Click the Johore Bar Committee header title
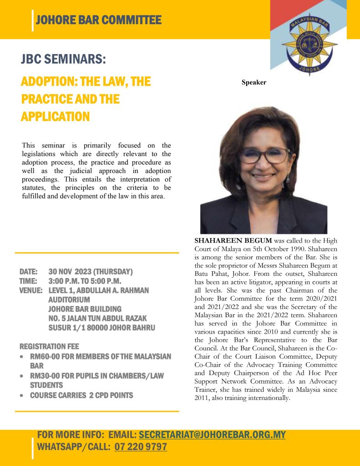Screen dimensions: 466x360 98,20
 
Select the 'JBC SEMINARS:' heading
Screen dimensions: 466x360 63,60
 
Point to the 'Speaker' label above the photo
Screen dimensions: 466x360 254,82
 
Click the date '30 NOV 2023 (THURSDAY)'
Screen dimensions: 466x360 91,272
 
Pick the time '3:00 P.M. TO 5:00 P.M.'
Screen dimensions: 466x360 85,281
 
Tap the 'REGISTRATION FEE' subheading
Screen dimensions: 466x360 50,347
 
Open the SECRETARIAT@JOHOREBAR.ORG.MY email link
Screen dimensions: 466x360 212,435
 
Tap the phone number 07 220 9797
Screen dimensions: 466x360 141,447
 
